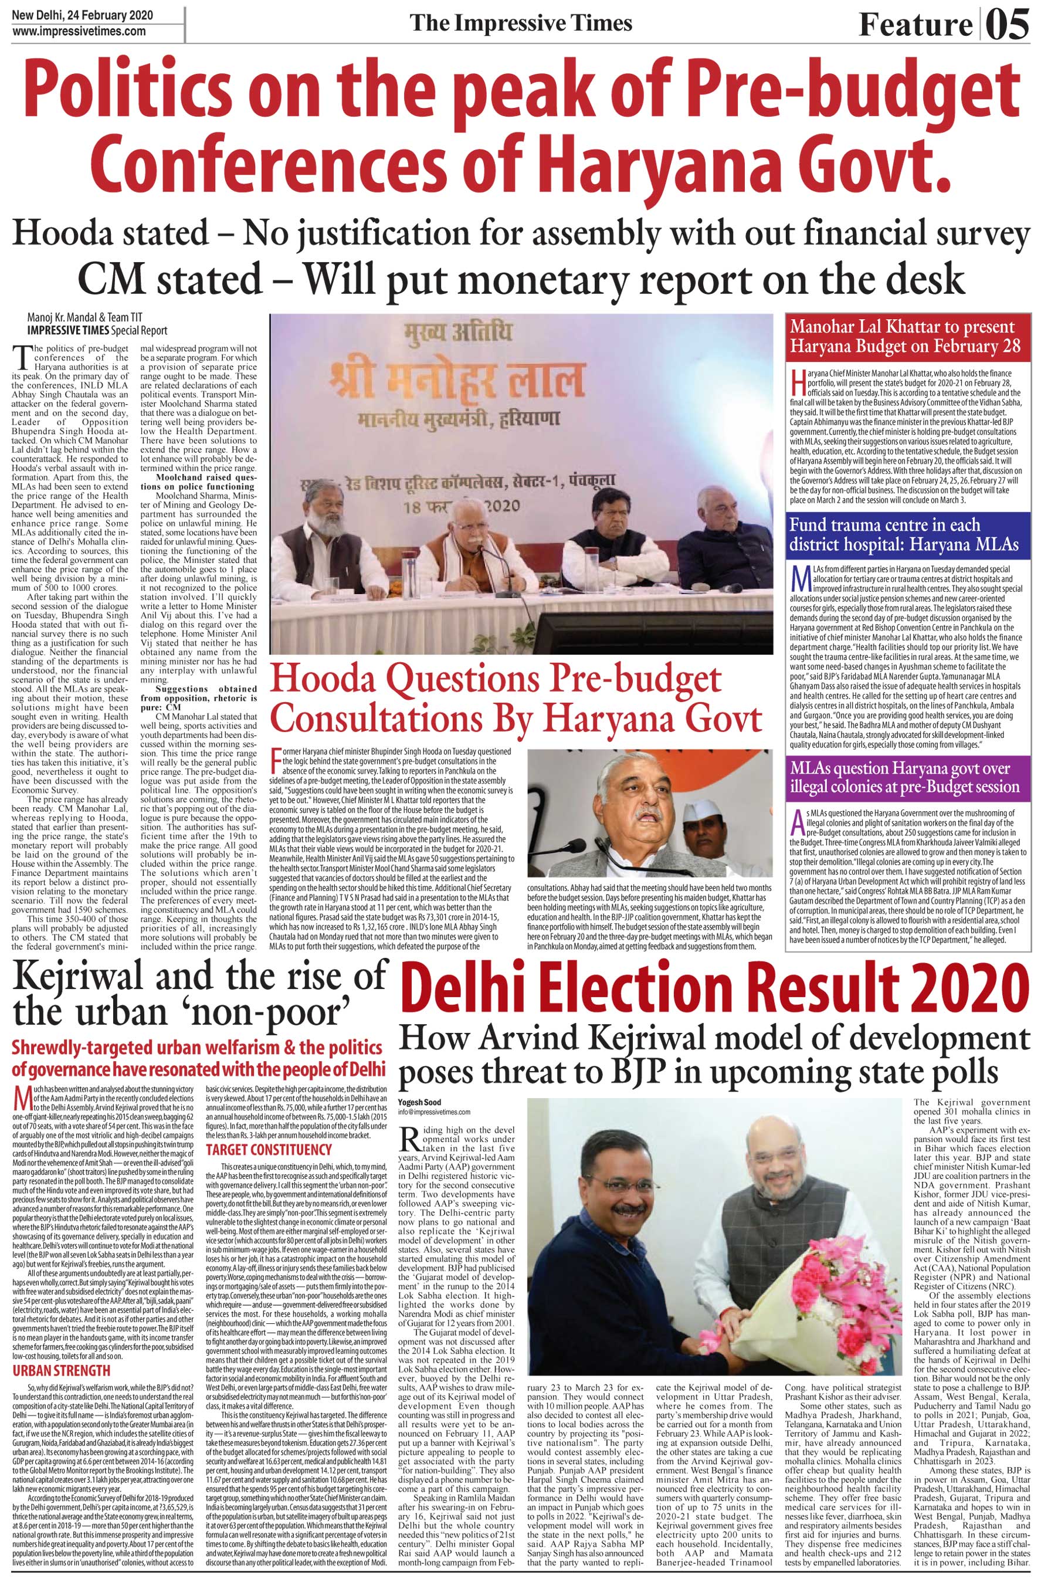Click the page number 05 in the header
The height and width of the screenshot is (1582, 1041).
pyautogui.click(x=1007, y=25)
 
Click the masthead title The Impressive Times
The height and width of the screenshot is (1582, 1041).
pyautogui.click(x=521, y=23)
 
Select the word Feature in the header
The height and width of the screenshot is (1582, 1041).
pyautogui.click(x=915, y=26)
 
